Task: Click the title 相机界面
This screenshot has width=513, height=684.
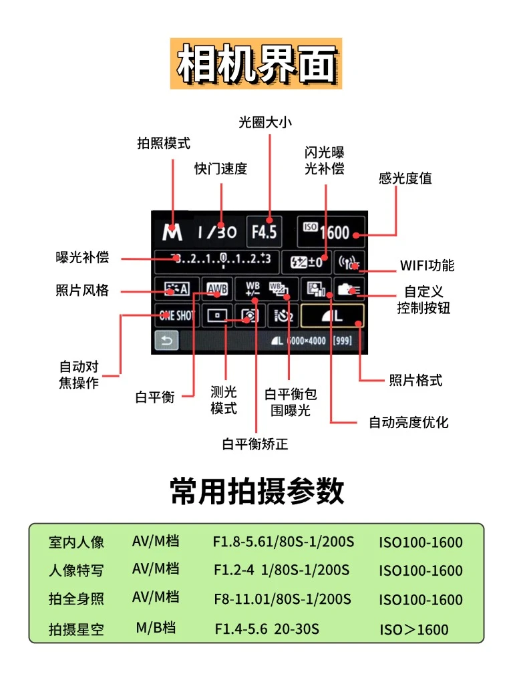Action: click(x=256, y=63)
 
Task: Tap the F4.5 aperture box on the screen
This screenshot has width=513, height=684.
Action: click(x=264, y=232)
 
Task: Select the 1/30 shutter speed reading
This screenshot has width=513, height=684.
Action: click(x=216, y=232)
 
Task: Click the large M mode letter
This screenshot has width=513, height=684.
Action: click(x=172, y=232)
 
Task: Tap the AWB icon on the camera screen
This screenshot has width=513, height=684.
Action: click(x=216, y=289)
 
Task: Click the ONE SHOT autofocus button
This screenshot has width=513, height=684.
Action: click(x=176, y=315)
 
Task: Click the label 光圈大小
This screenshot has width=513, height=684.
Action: click(x=265, y=122)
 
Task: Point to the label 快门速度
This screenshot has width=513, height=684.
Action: click(x=220, y=168)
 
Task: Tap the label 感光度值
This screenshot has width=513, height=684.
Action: click(x=405, y=178)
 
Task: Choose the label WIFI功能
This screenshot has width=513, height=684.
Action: click(x=427, y=265)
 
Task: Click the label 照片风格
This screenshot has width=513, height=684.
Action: click(x=82, y=291)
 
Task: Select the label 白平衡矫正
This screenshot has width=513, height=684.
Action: click(x=255, y=444)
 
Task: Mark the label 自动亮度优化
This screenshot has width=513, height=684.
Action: click(x=408, y=422)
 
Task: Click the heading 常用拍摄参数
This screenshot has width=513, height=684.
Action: click(x=257, y=491)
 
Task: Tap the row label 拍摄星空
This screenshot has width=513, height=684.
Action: click(x=76, y=629)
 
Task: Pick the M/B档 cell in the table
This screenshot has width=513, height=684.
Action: click(x=156, y=627)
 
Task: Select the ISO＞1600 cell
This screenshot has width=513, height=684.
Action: click(x=414, y=629)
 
